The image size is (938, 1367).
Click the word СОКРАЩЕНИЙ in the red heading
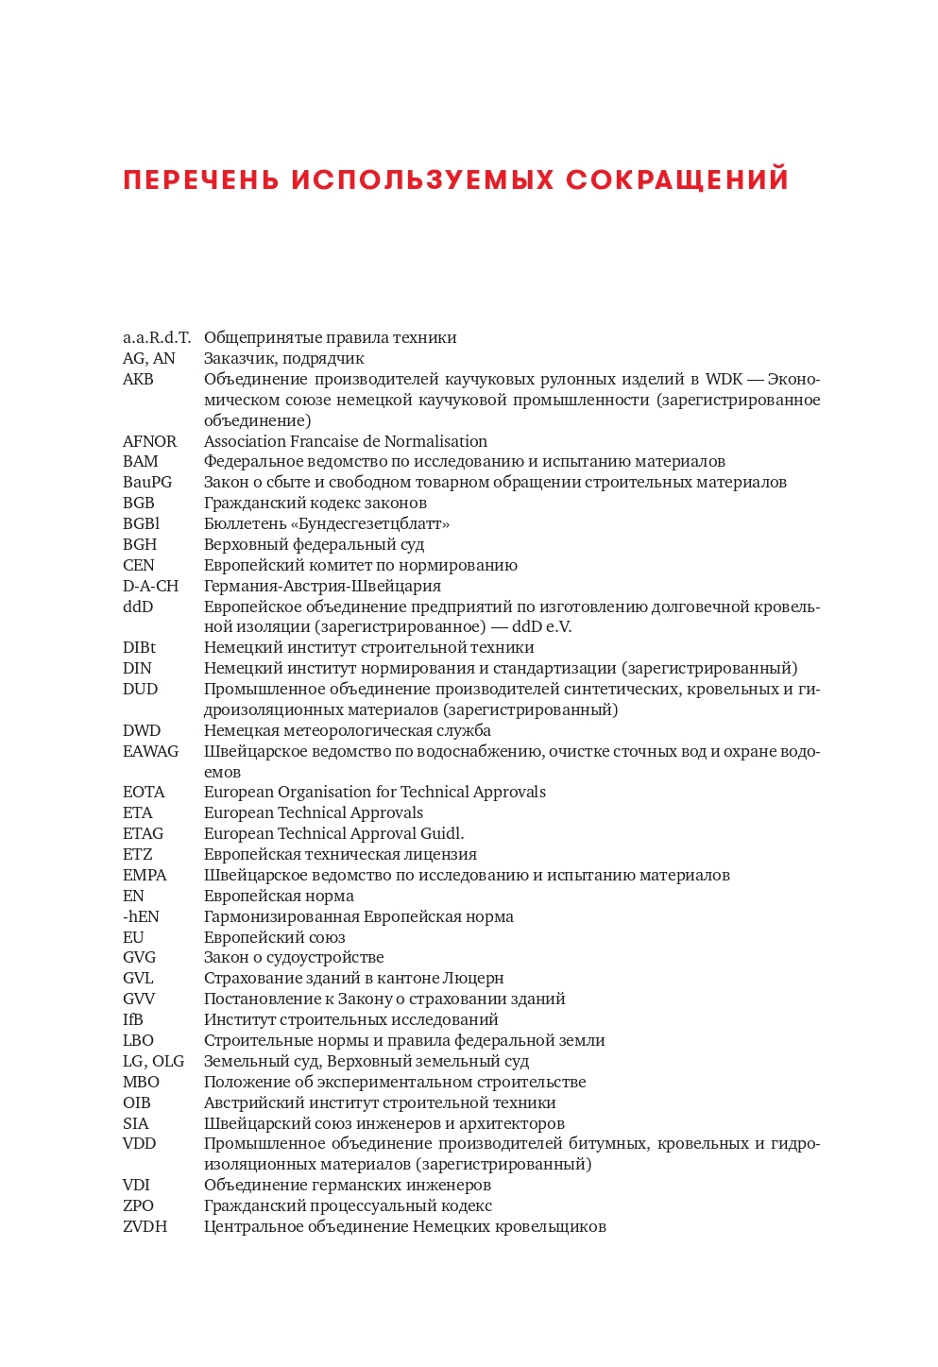pos(677,179)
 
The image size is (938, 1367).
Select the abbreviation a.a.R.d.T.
pos(156,337)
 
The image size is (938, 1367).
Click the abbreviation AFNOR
pos(149,441)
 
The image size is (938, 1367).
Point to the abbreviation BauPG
pos(147,482)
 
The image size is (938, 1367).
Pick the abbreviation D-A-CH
pos(150,586)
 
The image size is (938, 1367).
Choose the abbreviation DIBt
pos(139,647)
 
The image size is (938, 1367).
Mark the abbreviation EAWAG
pos(150,751)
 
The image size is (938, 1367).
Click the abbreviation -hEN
pos(141,916)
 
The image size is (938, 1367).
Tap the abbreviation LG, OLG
pos(153,1061)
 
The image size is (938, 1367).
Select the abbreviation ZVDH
pos(145,1226)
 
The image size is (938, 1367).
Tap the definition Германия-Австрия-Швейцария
pos(322,586)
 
